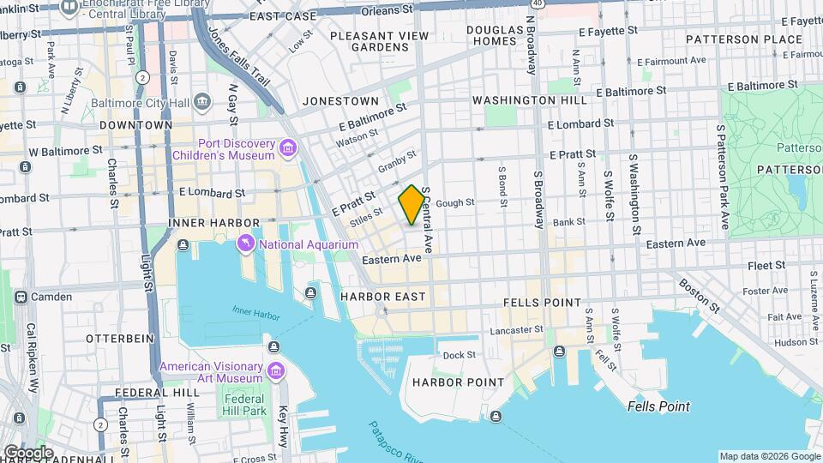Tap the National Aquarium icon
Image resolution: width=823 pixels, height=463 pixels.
247,245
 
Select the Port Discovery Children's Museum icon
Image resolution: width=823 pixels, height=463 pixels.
288,149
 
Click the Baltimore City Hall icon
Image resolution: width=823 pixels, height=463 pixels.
202,103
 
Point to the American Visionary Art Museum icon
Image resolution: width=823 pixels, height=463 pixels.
275,370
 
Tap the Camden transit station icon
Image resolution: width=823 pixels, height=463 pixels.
19,297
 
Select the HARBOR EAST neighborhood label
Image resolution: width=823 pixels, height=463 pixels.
382,297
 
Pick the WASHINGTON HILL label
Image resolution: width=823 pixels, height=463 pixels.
530,100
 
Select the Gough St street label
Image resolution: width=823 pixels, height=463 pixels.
454,203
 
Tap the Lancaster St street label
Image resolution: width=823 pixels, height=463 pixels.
517,329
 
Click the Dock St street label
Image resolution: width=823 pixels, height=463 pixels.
460,354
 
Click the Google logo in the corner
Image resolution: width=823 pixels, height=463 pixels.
28,452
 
